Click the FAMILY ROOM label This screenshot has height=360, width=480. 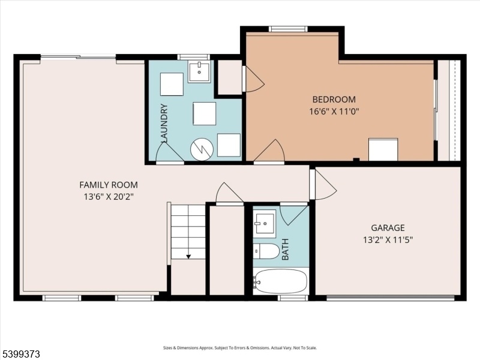click(109, 185)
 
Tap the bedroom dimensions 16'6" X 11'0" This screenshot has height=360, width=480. click(334, 111)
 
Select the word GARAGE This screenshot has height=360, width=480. click(388, 228)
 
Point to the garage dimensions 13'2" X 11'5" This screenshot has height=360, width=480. click(388, 239)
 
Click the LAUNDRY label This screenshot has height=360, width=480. click(164, 124)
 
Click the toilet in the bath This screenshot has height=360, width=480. click(266, 251)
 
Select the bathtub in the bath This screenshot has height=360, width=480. click(280, 281)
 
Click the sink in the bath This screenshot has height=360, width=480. click(266, 221)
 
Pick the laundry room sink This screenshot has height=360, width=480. click(199, 73)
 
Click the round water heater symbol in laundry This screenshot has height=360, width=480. click(202, 149)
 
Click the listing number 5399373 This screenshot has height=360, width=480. click(20, 354)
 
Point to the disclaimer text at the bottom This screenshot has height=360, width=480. click(239, 348)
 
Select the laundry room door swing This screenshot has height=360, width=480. click(170, 152)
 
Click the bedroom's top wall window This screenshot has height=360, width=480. click(288, 29)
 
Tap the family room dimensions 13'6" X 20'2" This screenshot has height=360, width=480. click(109, 197)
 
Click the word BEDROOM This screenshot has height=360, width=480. click(334, 100)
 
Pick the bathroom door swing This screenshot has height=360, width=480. click(294, 215)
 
